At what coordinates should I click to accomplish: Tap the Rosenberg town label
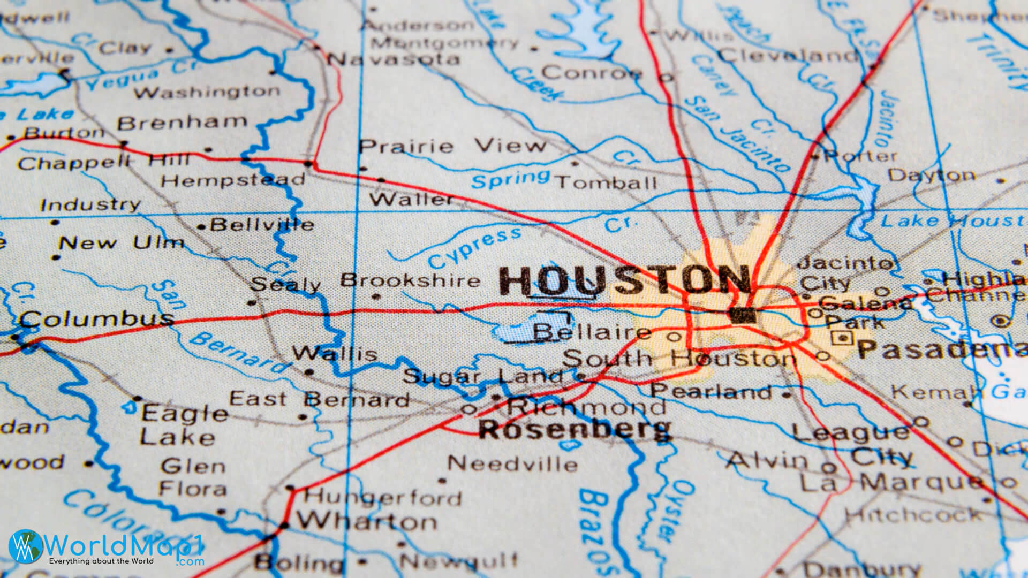pyautogui.click(x=574, y=429)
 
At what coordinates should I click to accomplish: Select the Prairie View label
pyautogui.click(x=452, y=146)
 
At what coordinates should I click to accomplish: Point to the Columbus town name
pyautogui.click(x=97, y=319)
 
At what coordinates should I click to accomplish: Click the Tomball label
pyautogui.click(x=607, y=183)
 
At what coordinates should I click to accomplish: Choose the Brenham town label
pyautogui.click(x=182, y=123)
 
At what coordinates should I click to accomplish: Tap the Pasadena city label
pyautogui.click(x=942, y=349)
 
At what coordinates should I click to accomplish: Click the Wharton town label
pyautogui.click(x=367, y=521)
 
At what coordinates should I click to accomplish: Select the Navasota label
pyautogui.click(x=394, y=58)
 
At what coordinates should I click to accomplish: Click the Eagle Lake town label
pyautogui.click(x=182, y=425)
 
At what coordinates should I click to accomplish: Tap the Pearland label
pyautogui.click(x=711, y=392)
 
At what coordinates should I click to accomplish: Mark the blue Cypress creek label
pyautogui.click(x=474, y=248)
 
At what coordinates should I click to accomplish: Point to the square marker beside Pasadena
pyautogui.click(x=842, y=338)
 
